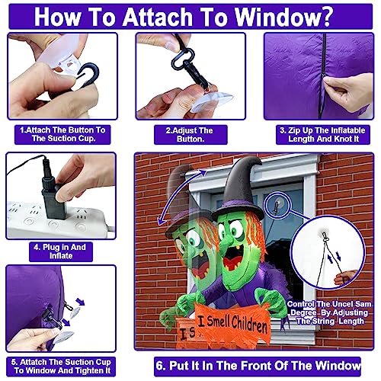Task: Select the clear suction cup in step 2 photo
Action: pyautogui.click(x=212, y=101)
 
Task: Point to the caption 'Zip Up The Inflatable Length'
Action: pyautogui.click(x=322, y=134)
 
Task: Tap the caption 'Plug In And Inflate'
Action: pyautogui.click(x=60, y=251)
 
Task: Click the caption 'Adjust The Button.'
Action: pyautogui.click(x=190, y=134)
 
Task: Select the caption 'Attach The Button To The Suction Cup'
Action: pyautogui.click(x=62, y=134)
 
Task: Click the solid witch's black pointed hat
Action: pyautogui.click(x=241, y=189)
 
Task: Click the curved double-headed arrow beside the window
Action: pyautogui.click(x=178, y=193)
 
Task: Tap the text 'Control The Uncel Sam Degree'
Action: pyautogui.click(x=329, y=308)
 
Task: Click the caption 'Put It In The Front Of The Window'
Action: pyautogui.click(x=258, y=366)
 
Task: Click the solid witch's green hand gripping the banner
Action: pyautogui.click(x=270, y=299)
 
